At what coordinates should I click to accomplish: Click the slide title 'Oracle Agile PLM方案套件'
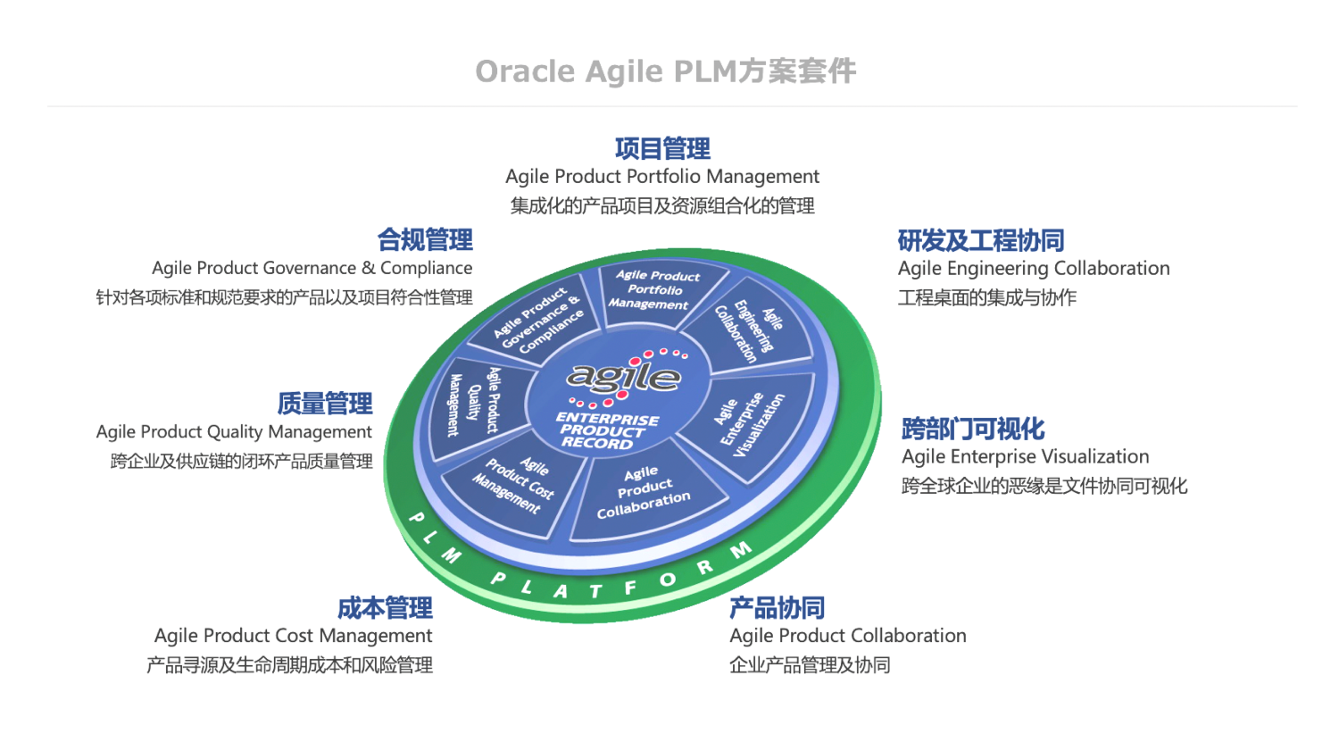pyautogui.click(x=665, y=71)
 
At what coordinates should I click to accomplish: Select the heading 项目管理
pyautogui.click(x=662, y=148)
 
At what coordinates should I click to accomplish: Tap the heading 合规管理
pyautogui.click(x=425, y=240)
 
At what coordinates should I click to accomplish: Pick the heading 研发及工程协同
pyautogui.click(x=981, y=241)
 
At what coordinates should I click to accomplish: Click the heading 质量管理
pyautogui.click(x=325, y=404)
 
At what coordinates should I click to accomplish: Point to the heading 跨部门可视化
pyautogui.click(x=973, y=430)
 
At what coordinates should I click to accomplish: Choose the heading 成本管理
pyautogui.click(x=385, y=608)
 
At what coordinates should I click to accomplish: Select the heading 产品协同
pyautogui.click(x=777, y=608)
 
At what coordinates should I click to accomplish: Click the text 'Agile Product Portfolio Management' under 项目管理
pyautogui.click(x=662, y=177)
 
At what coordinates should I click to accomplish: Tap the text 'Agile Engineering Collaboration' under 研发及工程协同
pyautogui.click(x=1034, y=269)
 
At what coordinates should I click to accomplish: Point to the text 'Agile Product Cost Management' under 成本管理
pyautogui.click(x=293, y=636)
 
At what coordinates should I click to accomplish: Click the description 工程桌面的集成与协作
pyautogui.click(x=987, y=297)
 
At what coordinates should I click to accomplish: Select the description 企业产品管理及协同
pyautogui.click(x=810, y=665)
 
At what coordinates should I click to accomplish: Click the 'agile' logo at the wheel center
pyautogui.click(x=624, y=376)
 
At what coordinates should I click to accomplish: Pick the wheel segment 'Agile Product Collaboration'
pyautogui.click(x=643, y=493)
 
